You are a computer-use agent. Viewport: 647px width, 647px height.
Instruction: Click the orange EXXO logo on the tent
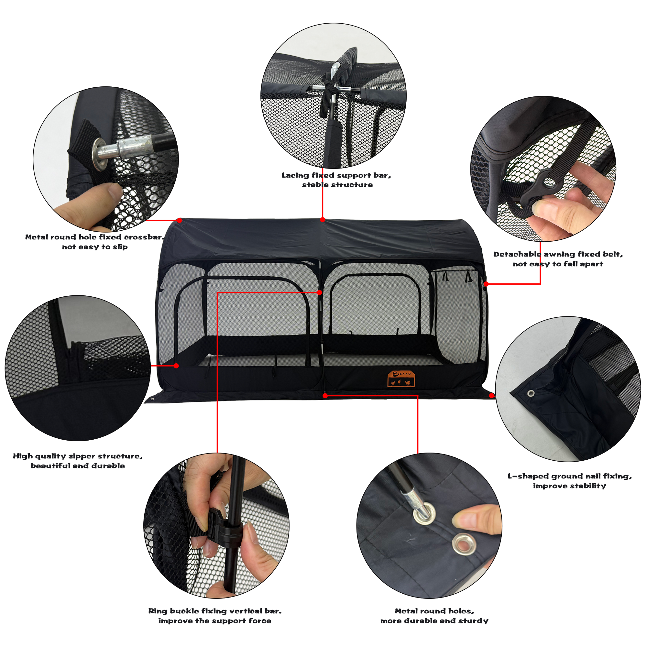pos(401,378)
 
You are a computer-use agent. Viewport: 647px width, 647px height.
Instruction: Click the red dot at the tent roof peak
pos(323,220)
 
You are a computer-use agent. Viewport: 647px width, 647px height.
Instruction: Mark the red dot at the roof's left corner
pos(180,220)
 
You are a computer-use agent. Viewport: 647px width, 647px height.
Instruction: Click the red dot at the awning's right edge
pos(486,284)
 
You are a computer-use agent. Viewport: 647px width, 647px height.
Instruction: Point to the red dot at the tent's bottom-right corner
pos(492,396)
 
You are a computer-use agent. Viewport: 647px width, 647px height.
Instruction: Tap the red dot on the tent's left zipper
pos(176,366)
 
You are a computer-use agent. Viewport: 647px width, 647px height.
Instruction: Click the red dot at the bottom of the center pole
pos(325,396)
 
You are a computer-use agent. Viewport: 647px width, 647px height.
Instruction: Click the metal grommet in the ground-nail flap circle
pos(531,393)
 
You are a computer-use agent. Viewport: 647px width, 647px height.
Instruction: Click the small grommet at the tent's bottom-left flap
pos(152,399)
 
